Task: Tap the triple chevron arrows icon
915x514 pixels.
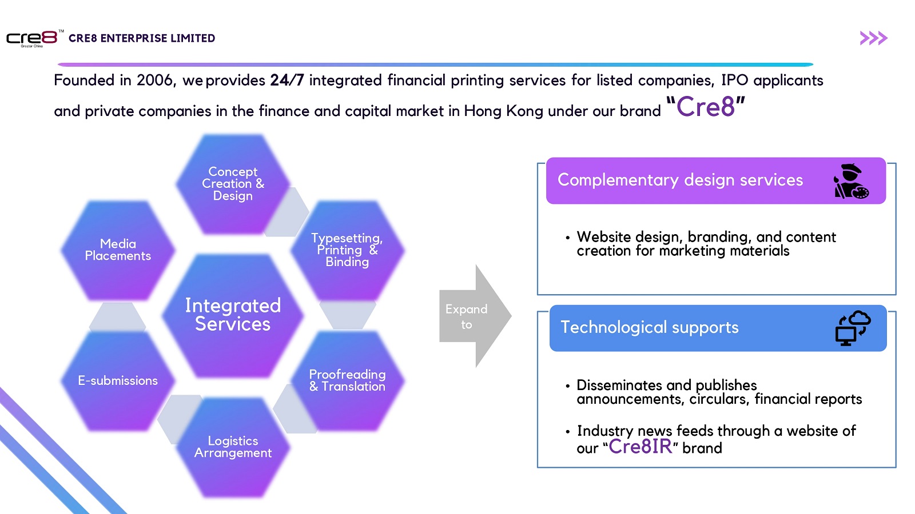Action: pyautogui.click(x=873, y=38)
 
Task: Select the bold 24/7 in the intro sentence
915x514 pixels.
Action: pyautogui.click(x=287, y=80)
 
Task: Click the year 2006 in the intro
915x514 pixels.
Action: pyautogui.click(x=154, y=81)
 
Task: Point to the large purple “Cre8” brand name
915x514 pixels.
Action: pyautogui.click(x=706, y=106)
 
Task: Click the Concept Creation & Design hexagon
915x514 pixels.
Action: pyautogui.click(x=233, y=184)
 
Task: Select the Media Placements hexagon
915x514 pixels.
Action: pyautogui.click(x=118, y=250)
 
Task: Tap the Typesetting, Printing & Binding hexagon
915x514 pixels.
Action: pyautogui.click(x=347, y=250)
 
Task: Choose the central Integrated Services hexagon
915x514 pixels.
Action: pyautogui.click(x=233, y=315)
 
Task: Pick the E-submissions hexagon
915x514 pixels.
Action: pyautogui.click(x=118, y=380)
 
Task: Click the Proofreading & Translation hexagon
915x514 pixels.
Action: pyautogui.click(x=347, y=380)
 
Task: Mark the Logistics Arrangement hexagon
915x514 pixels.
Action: pyautogui.click(x=233, y=447)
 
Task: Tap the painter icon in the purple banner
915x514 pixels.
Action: pyautogui.click(x=852, y=181)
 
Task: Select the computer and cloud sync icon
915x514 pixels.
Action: pyautogui.click(x=853, y=328)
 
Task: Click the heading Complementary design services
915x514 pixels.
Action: pyautogui.click(x=680, y=180)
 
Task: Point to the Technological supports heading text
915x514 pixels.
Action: pyautogui.click(x=650, y=327)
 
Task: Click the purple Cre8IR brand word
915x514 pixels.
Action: pyautogui.click(x=640, y=446)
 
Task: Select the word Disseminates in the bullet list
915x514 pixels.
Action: pyautogui.click(x=619, y=385)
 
